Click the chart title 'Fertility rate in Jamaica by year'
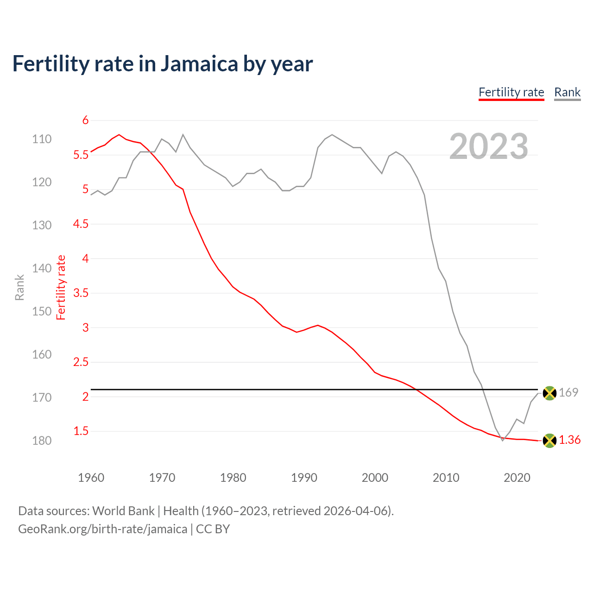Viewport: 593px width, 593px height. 162,64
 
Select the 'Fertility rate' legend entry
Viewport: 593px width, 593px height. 511,92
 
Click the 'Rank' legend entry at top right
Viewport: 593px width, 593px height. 567,92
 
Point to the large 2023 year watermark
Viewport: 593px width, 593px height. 488,146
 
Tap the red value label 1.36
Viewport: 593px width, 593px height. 569,440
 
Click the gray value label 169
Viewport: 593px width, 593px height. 568,392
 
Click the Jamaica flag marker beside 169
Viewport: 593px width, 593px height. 549,393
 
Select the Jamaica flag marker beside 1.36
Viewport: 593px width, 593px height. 549,440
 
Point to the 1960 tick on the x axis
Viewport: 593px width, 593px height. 91,478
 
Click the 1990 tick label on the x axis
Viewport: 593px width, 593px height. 304,478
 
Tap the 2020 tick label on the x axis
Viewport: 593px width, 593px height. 517,478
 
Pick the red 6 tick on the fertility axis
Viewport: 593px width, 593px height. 85,120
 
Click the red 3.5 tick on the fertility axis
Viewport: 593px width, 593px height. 81,293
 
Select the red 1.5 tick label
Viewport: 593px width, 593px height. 81,431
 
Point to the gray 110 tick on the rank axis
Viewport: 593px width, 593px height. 42,139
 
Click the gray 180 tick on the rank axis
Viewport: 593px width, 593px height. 42,441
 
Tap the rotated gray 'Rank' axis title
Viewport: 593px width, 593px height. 19,287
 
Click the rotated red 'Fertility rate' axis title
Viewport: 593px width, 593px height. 61,287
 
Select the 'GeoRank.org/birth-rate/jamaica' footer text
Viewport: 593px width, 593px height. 102,529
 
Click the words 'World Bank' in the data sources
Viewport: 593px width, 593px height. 123,511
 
